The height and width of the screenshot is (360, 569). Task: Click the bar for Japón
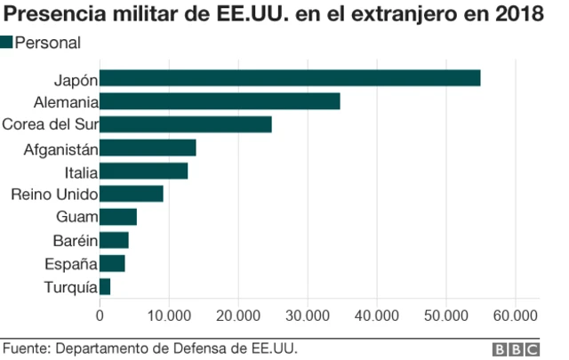(290, 78)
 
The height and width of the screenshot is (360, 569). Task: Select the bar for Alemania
(220, 101)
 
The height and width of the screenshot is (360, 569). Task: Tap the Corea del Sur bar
(185, 124)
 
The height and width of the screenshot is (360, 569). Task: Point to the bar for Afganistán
(148, 148)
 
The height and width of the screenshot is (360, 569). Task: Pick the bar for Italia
(143, 171)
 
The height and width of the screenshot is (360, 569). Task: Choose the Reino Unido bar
(132, 194)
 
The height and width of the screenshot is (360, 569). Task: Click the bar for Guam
(118, 217)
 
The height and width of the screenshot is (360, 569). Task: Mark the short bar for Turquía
(105, 286)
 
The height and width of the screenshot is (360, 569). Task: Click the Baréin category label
(75, 240)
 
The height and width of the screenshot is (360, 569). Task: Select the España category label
(71, 263)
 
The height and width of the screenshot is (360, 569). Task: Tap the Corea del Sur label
(50, 124)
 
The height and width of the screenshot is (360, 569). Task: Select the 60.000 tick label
(516, 316)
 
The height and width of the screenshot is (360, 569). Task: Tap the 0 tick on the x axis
(100, 316)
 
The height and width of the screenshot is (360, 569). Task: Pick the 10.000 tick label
(168, 316)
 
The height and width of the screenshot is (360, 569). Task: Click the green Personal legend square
(7, 42)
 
